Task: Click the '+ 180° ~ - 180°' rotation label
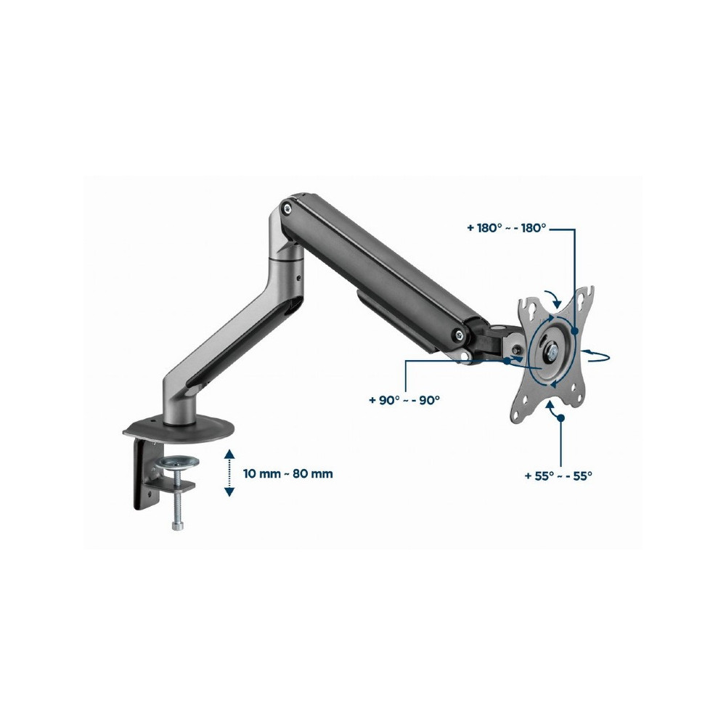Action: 507,228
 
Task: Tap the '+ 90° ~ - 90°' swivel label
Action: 404,400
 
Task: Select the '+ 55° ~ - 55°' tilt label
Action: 558,476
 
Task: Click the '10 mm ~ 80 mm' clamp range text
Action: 287,473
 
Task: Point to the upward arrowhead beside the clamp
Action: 229,454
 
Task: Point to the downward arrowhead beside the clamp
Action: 229,492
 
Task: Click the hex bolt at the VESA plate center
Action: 552,351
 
